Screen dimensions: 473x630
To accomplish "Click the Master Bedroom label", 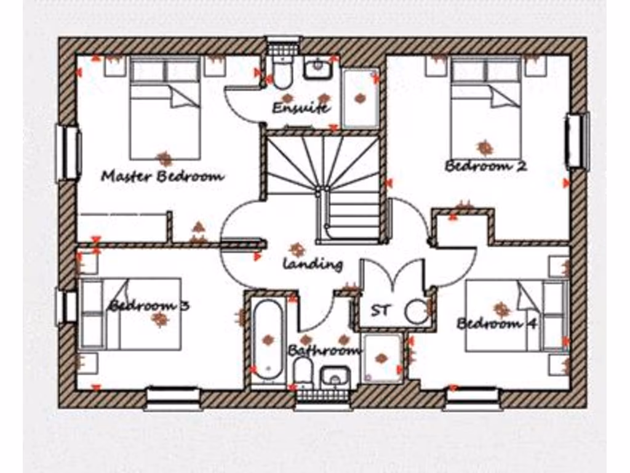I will tap(162, 177).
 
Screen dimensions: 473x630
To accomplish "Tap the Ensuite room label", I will tap(301, 108).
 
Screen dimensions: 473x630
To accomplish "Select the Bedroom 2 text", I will tap(485, 166).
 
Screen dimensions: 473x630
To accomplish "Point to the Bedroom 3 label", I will tap(149, 305).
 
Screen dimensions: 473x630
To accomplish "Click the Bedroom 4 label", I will tap(498, 323).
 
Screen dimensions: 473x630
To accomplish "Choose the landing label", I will tap(313, 264).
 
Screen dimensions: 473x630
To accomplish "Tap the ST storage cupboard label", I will tap(380, 310).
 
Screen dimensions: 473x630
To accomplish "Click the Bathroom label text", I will tap(324, 350).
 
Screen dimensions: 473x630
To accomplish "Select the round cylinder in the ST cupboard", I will tap(417, 311).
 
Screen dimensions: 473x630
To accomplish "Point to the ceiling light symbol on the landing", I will tap(298, 249).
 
